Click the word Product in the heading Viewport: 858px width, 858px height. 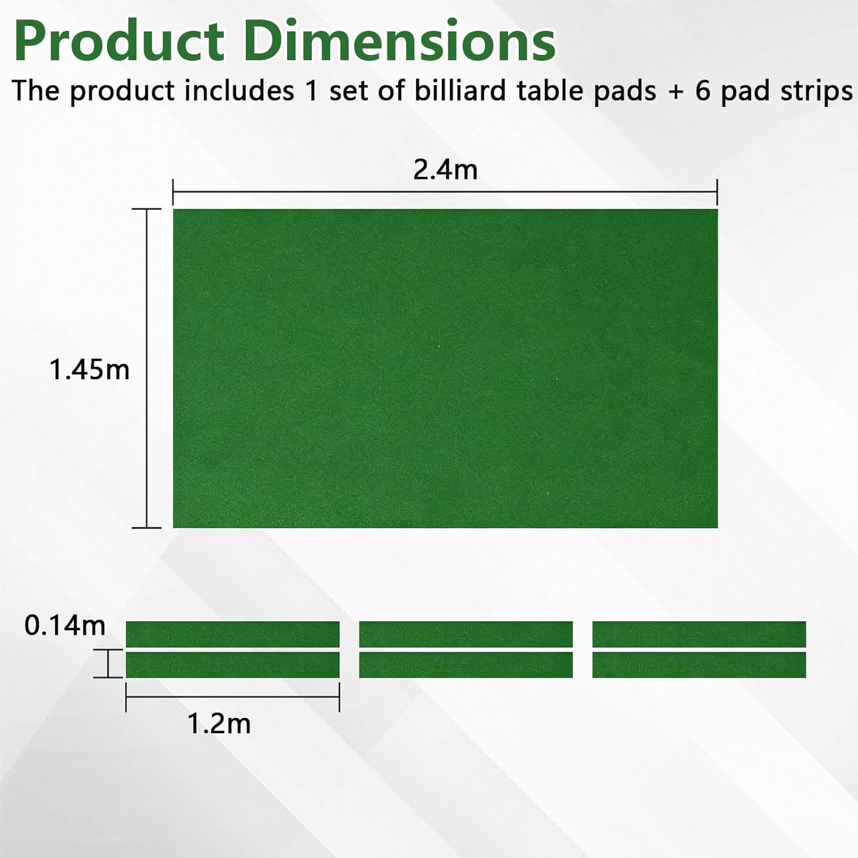pos(119,41)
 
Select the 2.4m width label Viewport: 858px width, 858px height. pos(445,170)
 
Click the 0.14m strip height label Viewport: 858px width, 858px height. pos(65,626)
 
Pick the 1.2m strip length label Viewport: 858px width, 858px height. pos(219,724)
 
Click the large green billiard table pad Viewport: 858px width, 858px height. pos(445,368)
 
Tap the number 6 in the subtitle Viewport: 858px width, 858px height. pos(703,91)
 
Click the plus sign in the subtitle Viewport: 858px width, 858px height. pos(676,92)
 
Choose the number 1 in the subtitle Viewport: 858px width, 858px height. pos(311,91)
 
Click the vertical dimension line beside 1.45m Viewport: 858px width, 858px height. pos(147,368)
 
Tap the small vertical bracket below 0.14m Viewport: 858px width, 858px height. pos(108,664)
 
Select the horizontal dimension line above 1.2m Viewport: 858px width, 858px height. pos(233,697)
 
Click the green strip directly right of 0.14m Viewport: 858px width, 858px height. pos(233,634)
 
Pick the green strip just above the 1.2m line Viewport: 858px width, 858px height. pos(233,665)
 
